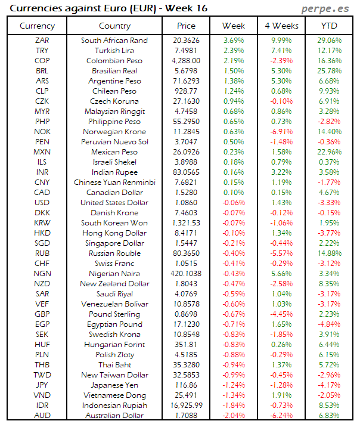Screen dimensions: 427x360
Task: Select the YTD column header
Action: tap(330, 26)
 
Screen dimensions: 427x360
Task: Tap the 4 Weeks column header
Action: tap(281, 26)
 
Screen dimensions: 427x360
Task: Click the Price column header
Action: tap(186, 26)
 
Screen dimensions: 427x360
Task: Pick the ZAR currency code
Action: tap(42, 40)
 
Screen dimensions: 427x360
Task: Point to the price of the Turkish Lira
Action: tap(186, 50)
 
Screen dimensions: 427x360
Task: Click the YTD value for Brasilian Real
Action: tap(330, 70)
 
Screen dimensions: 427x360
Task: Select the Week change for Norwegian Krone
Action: tap(234, 131)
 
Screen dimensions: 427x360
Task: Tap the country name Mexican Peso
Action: tap(114, 151)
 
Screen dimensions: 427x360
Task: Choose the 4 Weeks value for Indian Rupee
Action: tap(281, 172)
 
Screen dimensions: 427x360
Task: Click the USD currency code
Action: tap(42, 202)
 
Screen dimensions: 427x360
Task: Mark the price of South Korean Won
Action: tap(186, 222)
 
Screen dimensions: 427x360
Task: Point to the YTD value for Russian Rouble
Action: tap(330, 253)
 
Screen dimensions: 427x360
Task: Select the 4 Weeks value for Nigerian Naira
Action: tap(281, 273)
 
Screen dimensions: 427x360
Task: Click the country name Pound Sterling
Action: tap(114, 314)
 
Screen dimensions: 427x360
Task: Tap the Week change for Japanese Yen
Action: tap(234, 385)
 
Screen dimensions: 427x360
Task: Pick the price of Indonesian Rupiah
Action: tap(186, 405)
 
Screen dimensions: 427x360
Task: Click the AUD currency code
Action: tap(42, 415)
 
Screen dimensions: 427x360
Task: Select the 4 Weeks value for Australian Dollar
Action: tap(281, 415)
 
